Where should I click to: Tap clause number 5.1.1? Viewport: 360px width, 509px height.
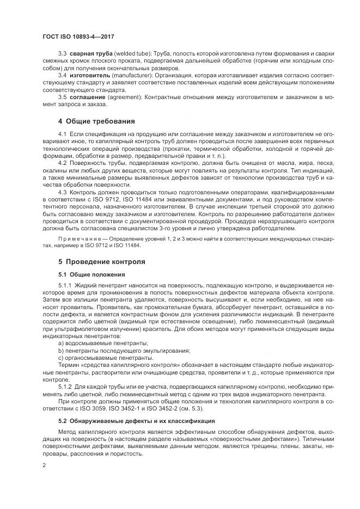click(65, 285)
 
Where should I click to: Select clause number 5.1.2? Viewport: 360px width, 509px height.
click(65, 386)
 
